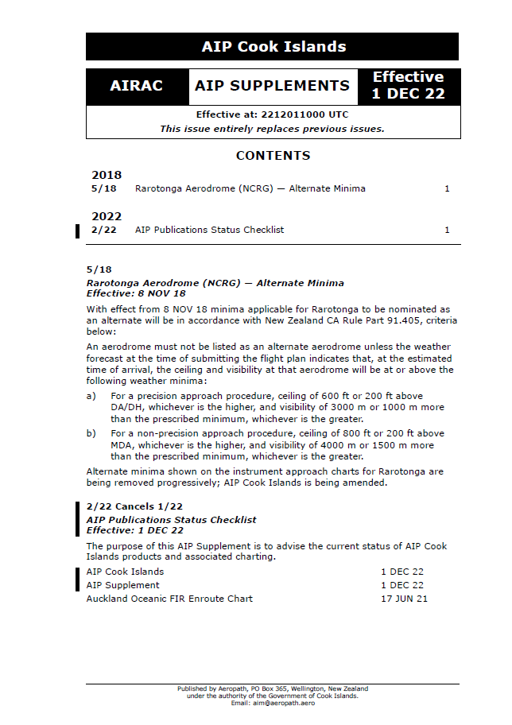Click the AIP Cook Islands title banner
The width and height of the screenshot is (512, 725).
tap(273, 47)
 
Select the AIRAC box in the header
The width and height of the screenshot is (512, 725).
tap(137, 86)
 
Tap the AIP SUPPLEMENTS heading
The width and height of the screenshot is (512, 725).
tap(272, 86)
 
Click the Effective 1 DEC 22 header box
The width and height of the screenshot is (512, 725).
tap(408, 86)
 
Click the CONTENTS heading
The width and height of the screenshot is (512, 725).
tap(273, 156)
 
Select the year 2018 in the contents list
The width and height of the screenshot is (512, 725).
tap(107, 175)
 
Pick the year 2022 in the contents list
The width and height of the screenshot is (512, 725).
tap(107, 216)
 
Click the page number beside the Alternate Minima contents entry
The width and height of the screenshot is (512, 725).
tap(447, 189)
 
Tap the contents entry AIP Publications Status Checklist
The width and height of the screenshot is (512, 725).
tap(209, 231)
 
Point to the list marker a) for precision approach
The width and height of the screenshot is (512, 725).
tap(91, 396)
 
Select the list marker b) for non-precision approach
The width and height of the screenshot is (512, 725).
tap(91, 434)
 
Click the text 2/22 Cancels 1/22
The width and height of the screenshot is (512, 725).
tap(134, 507)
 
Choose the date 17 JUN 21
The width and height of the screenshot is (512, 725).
tap(404, 599)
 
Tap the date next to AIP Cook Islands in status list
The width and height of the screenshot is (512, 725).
tap(401, 572)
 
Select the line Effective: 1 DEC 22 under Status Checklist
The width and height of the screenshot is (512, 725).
tap(134, 530)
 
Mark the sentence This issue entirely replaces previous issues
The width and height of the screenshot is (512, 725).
tap(272, 129)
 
